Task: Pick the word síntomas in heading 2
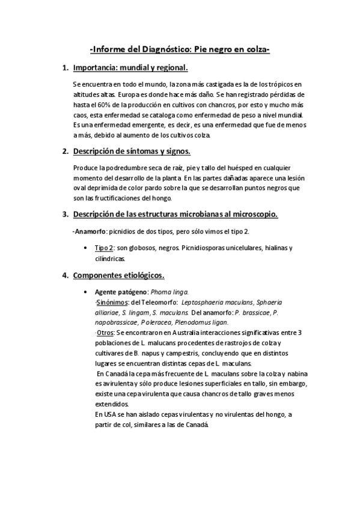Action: (x=135, y=151)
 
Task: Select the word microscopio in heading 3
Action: (x=250, y=214)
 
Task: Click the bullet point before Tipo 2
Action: (x=89, y=247)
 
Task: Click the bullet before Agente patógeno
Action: (x=89, y=292)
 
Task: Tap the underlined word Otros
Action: (x=105, y=332)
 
